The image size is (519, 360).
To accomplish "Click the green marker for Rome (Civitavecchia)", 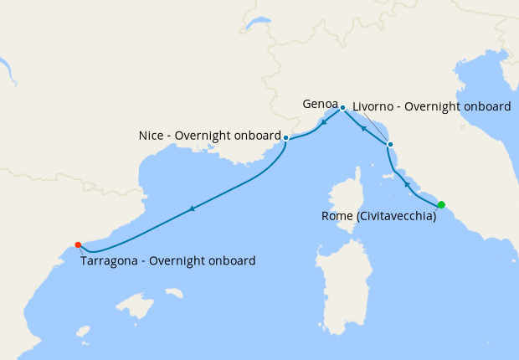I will tap(441, 204).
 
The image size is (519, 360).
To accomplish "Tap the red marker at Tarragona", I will tap(78, 244).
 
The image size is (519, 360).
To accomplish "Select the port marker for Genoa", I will tap(342, 108).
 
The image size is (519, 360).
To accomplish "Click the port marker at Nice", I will tap(286, 137).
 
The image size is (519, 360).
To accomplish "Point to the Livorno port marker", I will tap(390, 145).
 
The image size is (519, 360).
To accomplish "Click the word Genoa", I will tap(320, 105).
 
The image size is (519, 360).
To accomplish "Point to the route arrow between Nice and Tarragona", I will tap(193, 208).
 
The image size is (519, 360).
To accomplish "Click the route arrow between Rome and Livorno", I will tap(408, 183).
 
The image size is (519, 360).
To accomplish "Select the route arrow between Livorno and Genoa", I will tap(363, 128).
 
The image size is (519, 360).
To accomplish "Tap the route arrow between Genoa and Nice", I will tap(324, 120).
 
